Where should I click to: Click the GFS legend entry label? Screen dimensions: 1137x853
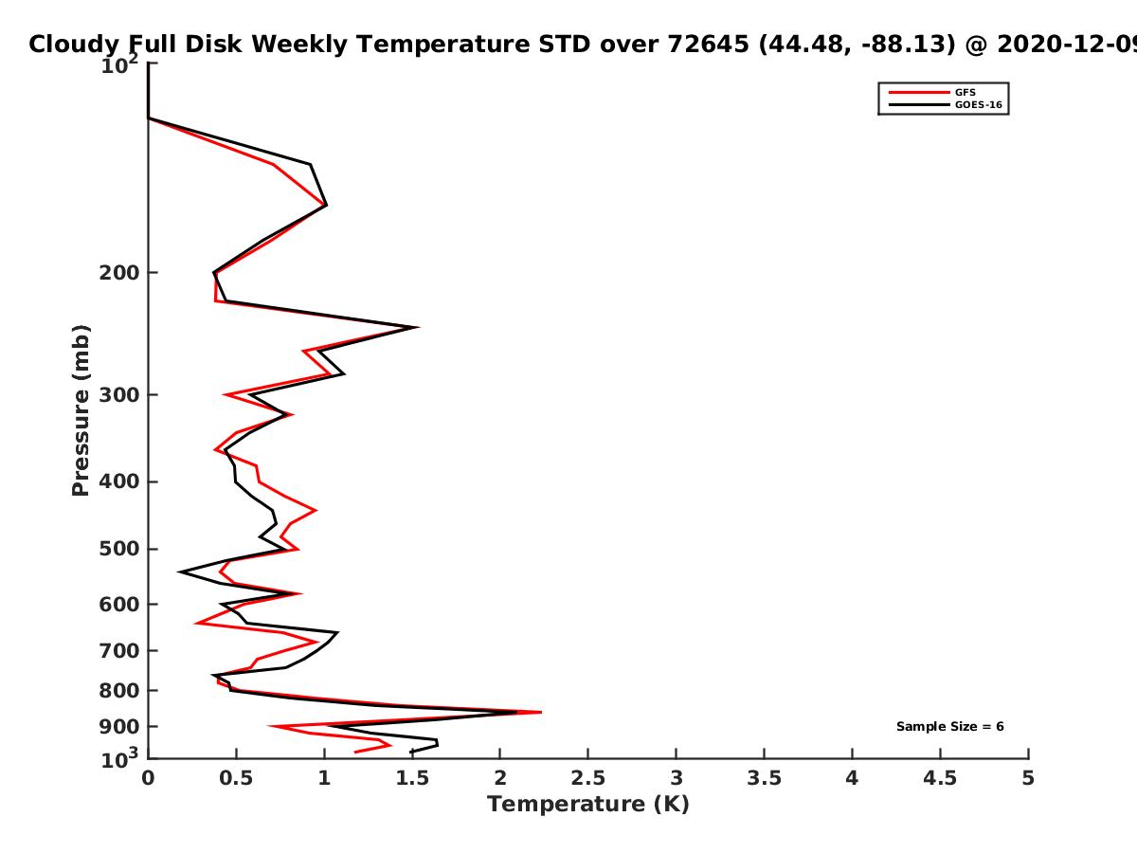(965, 92)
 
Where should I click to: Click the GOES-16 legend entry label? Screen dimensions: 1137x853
(979, 104)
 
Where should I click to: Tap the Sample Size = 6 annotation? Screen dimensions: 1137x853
(950, 727)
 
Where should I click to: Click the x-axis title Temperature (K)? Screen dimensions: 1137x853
(588, 805)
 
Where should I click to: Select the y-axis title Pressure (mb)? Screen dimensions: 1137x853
(81, 410)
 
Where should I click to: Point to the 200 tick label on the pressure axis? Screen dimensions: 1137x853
(119, 272)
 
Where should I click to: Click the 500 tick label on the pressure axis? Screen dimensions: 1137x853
(119, 549)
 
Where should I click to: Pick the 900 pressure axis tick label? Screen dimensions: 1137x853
(119, 727)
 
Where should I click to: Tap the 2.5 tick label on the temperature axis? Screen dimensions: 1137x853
(588, 778)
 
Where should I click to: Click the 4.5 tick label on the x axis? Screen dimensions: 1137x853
(940, 778)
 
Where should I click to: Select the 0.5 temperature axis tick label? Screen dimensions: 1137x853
(236, 778)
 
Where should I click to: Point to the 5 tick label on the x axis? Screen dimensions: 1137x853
(1028, 778)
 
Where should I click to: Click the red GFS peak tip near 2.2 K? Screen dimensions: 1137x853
(541, 712)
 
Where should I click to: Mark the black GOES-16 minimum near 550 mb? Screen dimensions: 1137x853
(179, 572)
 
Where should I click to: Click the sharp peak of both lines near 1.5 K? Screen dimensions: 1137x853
(418, 327)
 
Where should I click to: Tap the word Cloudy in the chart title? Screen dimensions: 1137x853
(74, 45)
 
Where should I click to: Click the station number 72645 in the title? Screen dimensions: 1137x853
(708, 44)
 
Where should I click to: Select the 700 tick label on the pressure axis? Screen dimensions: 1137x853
(119, 650)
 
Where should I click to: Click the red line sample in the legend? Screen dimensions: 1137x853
(919, 92)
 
